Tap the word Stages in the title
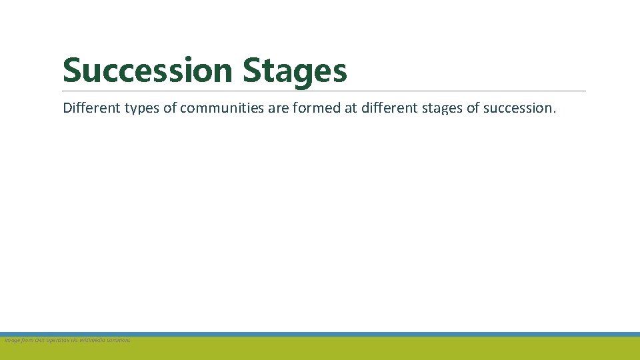(295, 71)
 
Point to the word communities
(222, 107)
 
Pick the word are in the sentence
(278, 107)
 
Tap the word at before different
(350, 107)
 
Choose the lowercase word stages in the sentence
(443, 107)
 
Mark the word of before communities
(170, 107)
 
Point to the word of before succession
(473, 107)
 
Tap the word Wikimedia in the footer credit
(95, 340)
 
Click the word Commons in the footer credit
(120, 340)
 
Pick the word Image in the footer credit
(12, 340)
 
